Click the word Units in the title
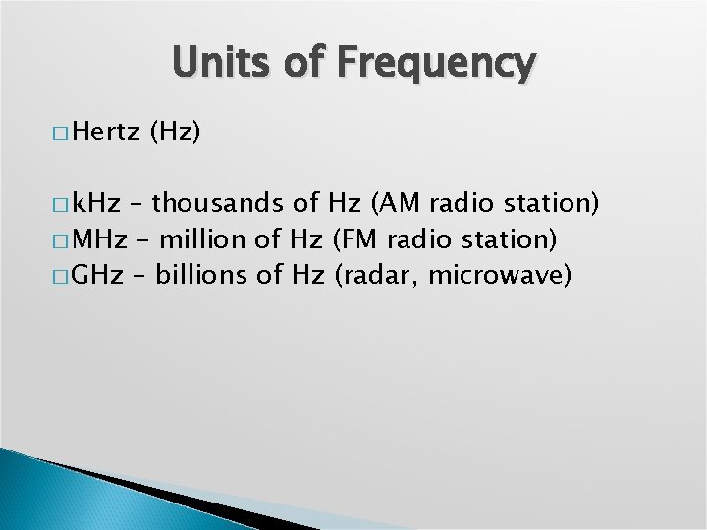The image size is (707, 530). pyautogui.click(x=218, y=63)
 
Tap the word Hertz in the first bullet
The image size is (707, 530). pyautogui.click(x=107, y=132)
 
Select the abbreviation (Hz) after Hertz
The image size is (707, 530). pyautogui.click(x=176, y=132)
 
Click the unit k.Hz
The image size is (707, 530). pyautogui.click(x=98, y=204)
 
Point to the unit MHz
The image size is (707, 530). pyautogui.click(x=99, y=238)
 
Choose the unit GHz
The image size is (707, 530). pyautogui.click(x=98, y=274)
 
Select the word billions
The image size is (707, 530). pyautogui.click(x=202, y=274)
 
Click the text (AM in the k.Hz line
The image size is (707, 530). pyautogui.click(x=395, y=204)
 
